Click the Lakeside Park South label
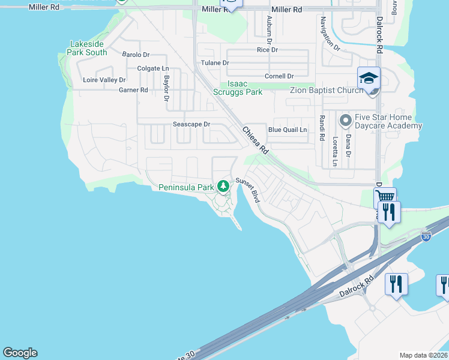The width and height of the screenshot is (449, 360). point(88,48)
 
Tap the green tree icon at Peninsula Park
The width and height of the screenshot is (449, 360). point(223,187)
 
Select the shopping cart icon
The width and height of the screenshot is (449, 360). point(385,197)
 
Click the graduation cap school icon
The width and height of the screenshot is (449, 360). point(369,77)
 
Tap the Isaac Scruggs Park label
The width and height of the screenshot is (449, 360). point(238,88)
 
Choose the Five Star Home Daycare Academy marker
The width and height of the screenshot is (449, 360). point(345,121)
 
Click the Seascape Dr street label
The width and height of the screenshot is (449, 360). point(191,124)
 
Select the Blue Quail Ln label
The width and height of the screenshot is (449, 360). point(288,130)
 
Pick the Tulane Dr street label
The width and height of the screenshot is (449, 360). point(215,62)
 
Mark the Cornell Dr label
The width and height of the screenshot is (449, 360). point(279,76)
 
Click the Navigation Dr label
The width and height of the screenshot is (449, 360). point(330,34)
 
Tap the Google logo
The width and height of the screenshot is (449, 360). point(20,353)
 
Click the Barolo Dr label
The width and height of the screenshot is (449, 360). point(136,55)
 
